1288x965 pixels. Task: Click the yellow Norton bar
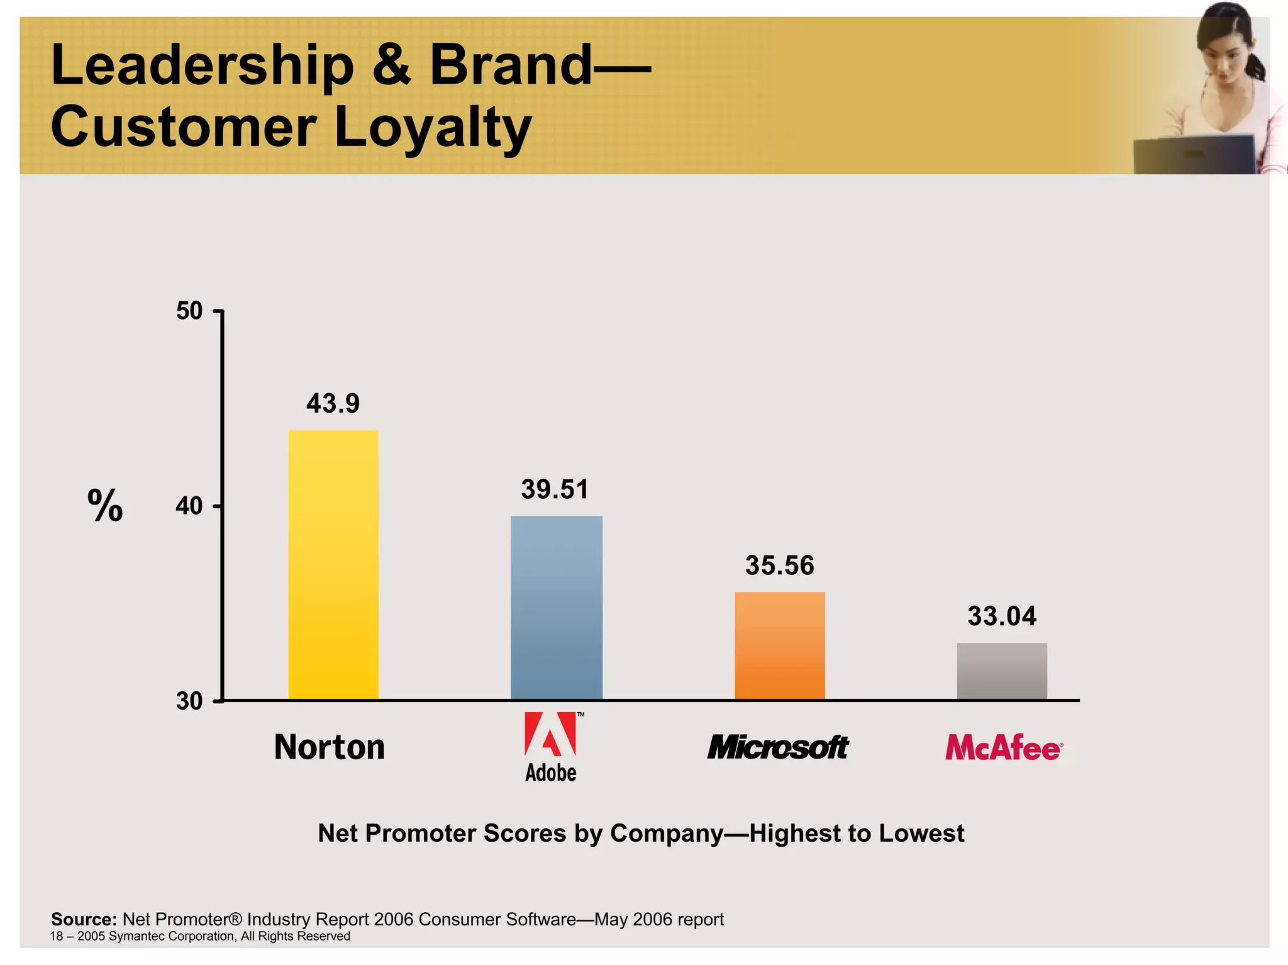point(333,564)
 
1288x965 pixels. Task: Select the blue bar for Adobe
point(556,607)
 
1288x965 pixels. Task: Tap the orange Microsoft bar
point(779,645)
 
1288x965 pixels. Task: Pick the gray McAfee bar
point(1002,671)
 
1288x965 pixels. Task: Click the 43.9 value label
point(333,403)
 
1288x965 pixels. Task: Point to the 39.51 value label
point(555,489)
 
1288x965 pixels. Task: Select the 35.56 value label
point(779,566)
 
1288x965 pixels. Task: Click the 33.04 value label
point(1001,616)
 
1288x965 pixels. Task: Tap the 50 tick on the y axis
point(189,311)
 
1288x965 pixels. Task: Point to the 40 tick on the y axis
point(189,506)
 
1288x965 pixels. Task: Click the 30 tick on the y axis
point(189,701)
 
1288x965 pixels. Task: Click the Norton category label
point(330,747)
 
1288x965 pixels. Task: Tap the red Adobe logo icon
point(550,734)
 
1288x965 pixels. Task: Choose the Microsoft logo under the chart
point(778,747)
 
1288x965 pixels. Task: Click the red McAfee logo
point(1003,748)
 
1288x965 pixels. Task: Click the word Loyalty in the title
point(433,128)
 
